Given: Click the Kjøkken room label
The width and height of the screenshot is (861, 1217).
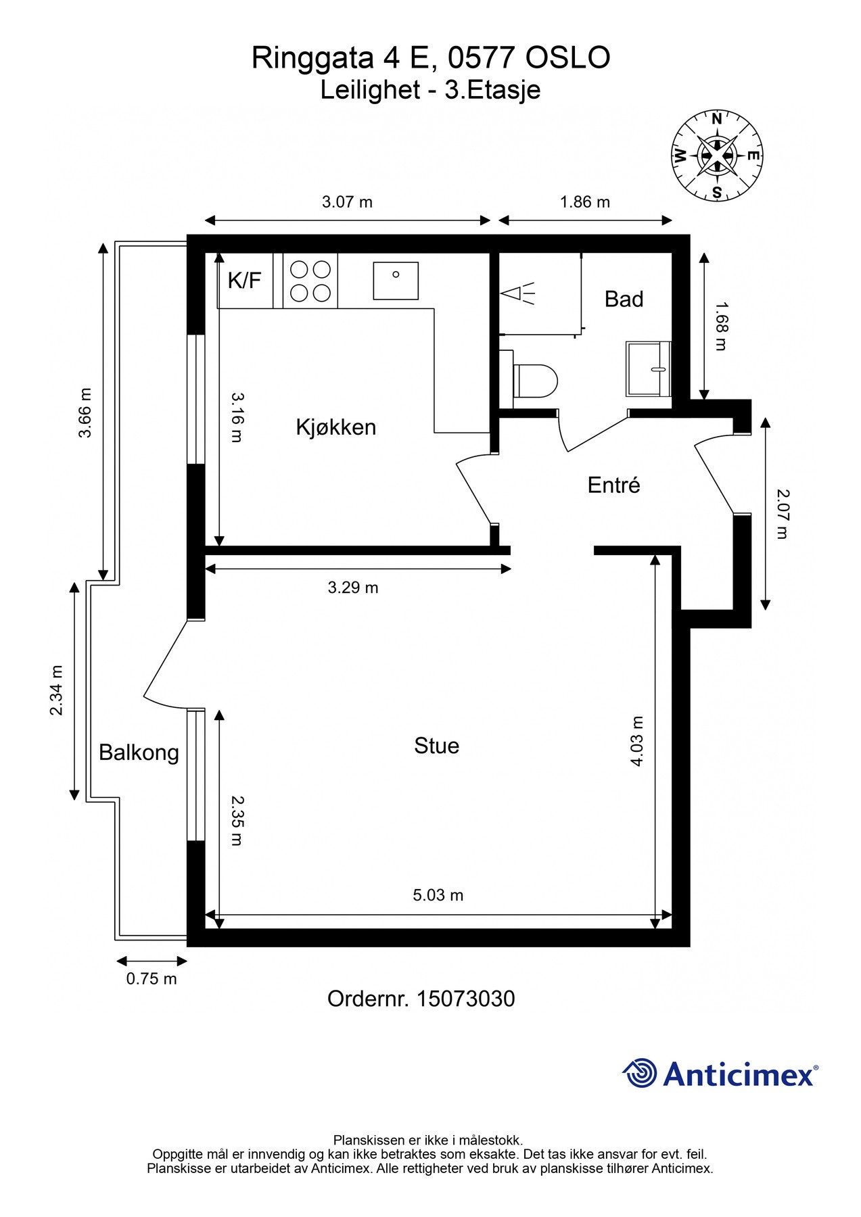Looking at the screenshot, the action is click(335, 427).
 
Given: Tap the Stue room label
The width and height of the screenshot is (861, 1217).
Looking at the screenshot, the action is click(436, 746).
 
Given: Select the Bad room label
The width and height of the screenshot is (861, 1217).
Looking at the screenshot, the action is click(624, 299).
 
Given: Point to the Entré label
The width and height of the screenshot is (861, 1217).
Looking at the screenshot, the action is click(613, 485).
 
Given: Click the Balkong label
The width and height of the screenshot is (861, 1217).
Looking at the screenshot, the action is click(139, 753).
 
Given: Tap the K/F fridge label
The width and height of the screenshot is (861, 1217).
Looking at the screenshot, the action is click(244, 280).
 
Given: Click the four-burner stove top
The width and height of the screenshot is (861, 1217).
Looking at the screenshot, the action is click(310, 281).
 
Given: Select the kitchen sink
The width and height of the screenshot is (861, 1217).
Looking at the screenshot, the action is click(396, 281).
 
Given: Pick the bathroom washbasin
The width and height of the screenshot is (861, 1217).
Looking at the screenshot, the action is click(648, 369).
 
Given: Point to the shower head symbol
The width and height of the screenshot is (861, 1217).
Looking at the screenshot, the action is click(517, 293).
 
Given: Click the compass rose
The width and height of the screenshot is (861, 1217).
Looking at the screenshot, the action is click(717, 156).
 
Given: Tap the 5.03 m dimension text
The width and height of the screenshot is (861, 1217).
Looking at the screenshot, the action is click(438, 895).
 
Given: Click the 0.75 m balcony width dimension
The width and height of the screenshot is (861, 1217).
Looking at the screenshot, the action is click(152, 978).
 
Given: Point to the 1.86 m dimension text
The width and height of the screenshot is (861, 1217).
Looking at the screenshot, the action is click(585, 201).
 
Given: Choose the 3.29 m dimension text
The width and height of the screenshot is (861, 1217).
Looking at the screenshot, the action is click(353, 588).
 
